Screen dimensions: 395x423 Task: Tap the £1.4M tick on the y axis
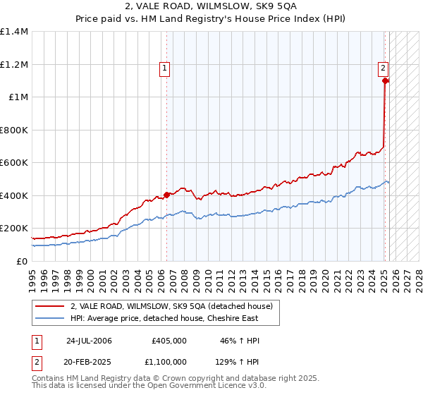14,32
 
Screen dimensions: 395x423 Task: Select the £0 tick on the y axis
21,261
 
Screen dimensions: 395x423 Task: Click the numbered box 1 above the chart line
164,68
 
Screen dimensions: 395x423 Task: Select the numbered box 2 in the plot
382,68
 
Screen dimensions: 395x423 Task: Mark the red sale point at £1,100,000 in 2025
385,81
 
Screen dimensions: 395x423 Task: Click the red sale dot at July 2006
167,195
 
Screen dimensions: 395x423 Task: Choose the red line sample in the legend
50,305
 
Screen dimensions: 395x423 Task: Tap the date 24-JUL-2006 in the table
89,341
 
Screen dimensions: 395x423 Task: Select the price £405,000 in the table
169,341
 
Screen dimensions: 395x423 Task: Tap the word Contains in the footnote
49,379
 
